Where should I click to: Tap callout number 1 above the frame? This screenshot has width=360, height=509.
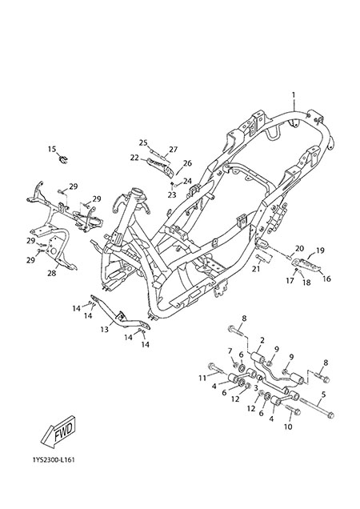click(294, 95)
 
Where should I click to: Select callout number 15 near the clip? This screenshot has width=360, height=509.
click(52, 149)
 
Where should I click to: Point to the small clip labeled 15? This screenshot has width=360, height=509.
click(63, 159)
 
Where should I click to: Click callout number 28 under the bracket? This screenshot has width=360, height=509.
click(52, 274)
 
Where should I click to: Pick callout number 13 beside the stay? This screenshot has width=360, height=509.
click(104, 330)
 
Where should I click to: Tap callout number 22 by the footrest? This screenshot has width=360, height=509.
click(134, 158)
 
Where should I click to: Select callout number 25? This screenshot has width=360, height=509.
click(143, 142)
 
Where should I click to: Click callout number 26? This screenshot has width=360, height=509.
click(188, 163)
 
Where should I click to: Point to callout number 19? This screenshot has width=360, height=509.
click(320, 250)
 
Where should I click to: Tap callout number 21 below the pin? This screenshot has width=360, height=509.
click(256, 269)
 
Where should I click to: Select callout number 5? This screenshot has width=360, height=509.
click(323, 395)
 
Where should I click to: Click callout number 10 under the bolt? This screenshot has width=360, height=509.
click(288, 427)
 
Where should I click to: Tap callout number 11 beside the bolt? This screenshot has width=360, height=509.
click(202, 379)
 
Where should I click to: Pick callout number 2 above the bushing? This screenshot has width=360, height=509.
click(262, 340)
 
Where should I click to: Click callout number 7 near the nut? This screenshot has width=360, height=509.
click(230, 351)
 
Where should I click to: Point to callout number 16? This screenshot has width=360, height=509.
click(326, 279)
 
